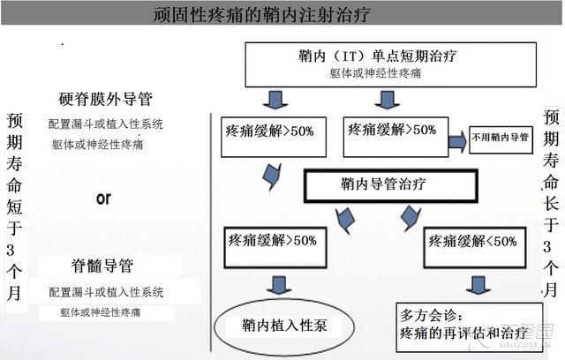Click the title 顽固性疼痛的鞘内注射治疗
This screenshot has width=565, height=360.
tap(261, 15)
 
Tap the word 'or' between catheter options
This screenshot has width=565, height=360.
tap(104, 199)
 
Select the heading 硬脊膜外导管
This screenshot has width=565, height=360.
tap(106, 99)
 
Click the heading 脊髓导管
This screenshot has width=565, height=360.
tap(102, 266)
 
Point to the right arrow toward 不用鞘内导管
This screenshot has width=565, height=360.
tap(457, 141)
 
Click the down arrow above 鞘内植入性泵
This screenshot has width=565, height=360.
tap(279, 285)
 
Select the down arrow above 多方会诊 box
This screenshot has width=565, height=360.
tap(478, 285)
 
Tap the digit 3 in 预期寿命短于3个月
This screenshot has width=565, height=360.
tap(11, 250)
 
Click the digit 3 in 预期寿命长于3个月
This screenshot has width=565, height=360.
tap(547, 246)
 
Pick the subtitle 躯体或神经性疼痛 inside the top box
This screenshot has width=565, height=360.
tap(375, 73)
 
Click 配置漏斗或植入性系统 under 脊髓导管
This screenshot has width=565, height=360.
tap(106, 292)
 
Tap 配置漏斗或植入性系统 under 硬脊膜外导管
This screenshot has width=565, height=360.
tap(106, 124)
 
